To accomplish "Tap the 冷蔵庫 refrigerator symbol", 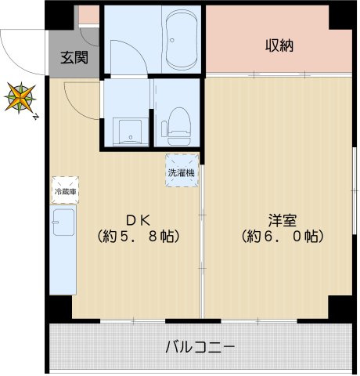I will coord(64,190).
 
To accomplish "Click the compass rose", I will coord(18,99).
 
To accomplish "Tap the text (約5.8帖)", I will coord(138,235).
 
